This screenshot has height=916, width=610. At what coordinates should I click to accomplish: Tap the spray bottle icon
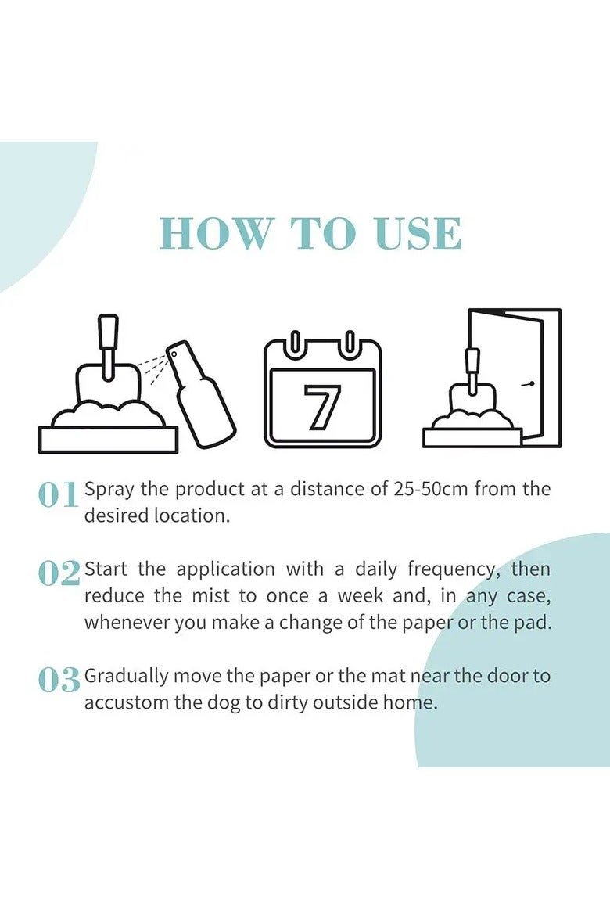(x=203, y=395)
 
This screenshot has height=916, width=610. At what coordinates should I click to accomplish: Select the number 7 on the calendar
(x=322, y=407)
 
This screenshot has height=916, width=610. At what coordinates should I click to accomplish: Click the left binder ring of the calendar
(x=296, y=343)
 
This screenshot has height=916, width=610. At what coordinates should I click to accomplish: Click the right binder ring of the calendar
(x=350, y=343)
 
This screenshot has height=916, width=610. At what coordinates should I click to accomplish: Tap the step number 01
(x=58, y=495)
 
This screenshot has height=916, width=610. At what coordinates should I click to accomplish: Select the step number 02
(x=59, y=574)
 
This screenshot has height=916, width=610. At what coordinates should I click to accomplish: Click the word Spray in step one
(x=109, y=490)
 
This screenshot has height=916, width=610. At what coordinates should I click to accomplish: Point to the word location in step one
(x=194, y=517)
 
